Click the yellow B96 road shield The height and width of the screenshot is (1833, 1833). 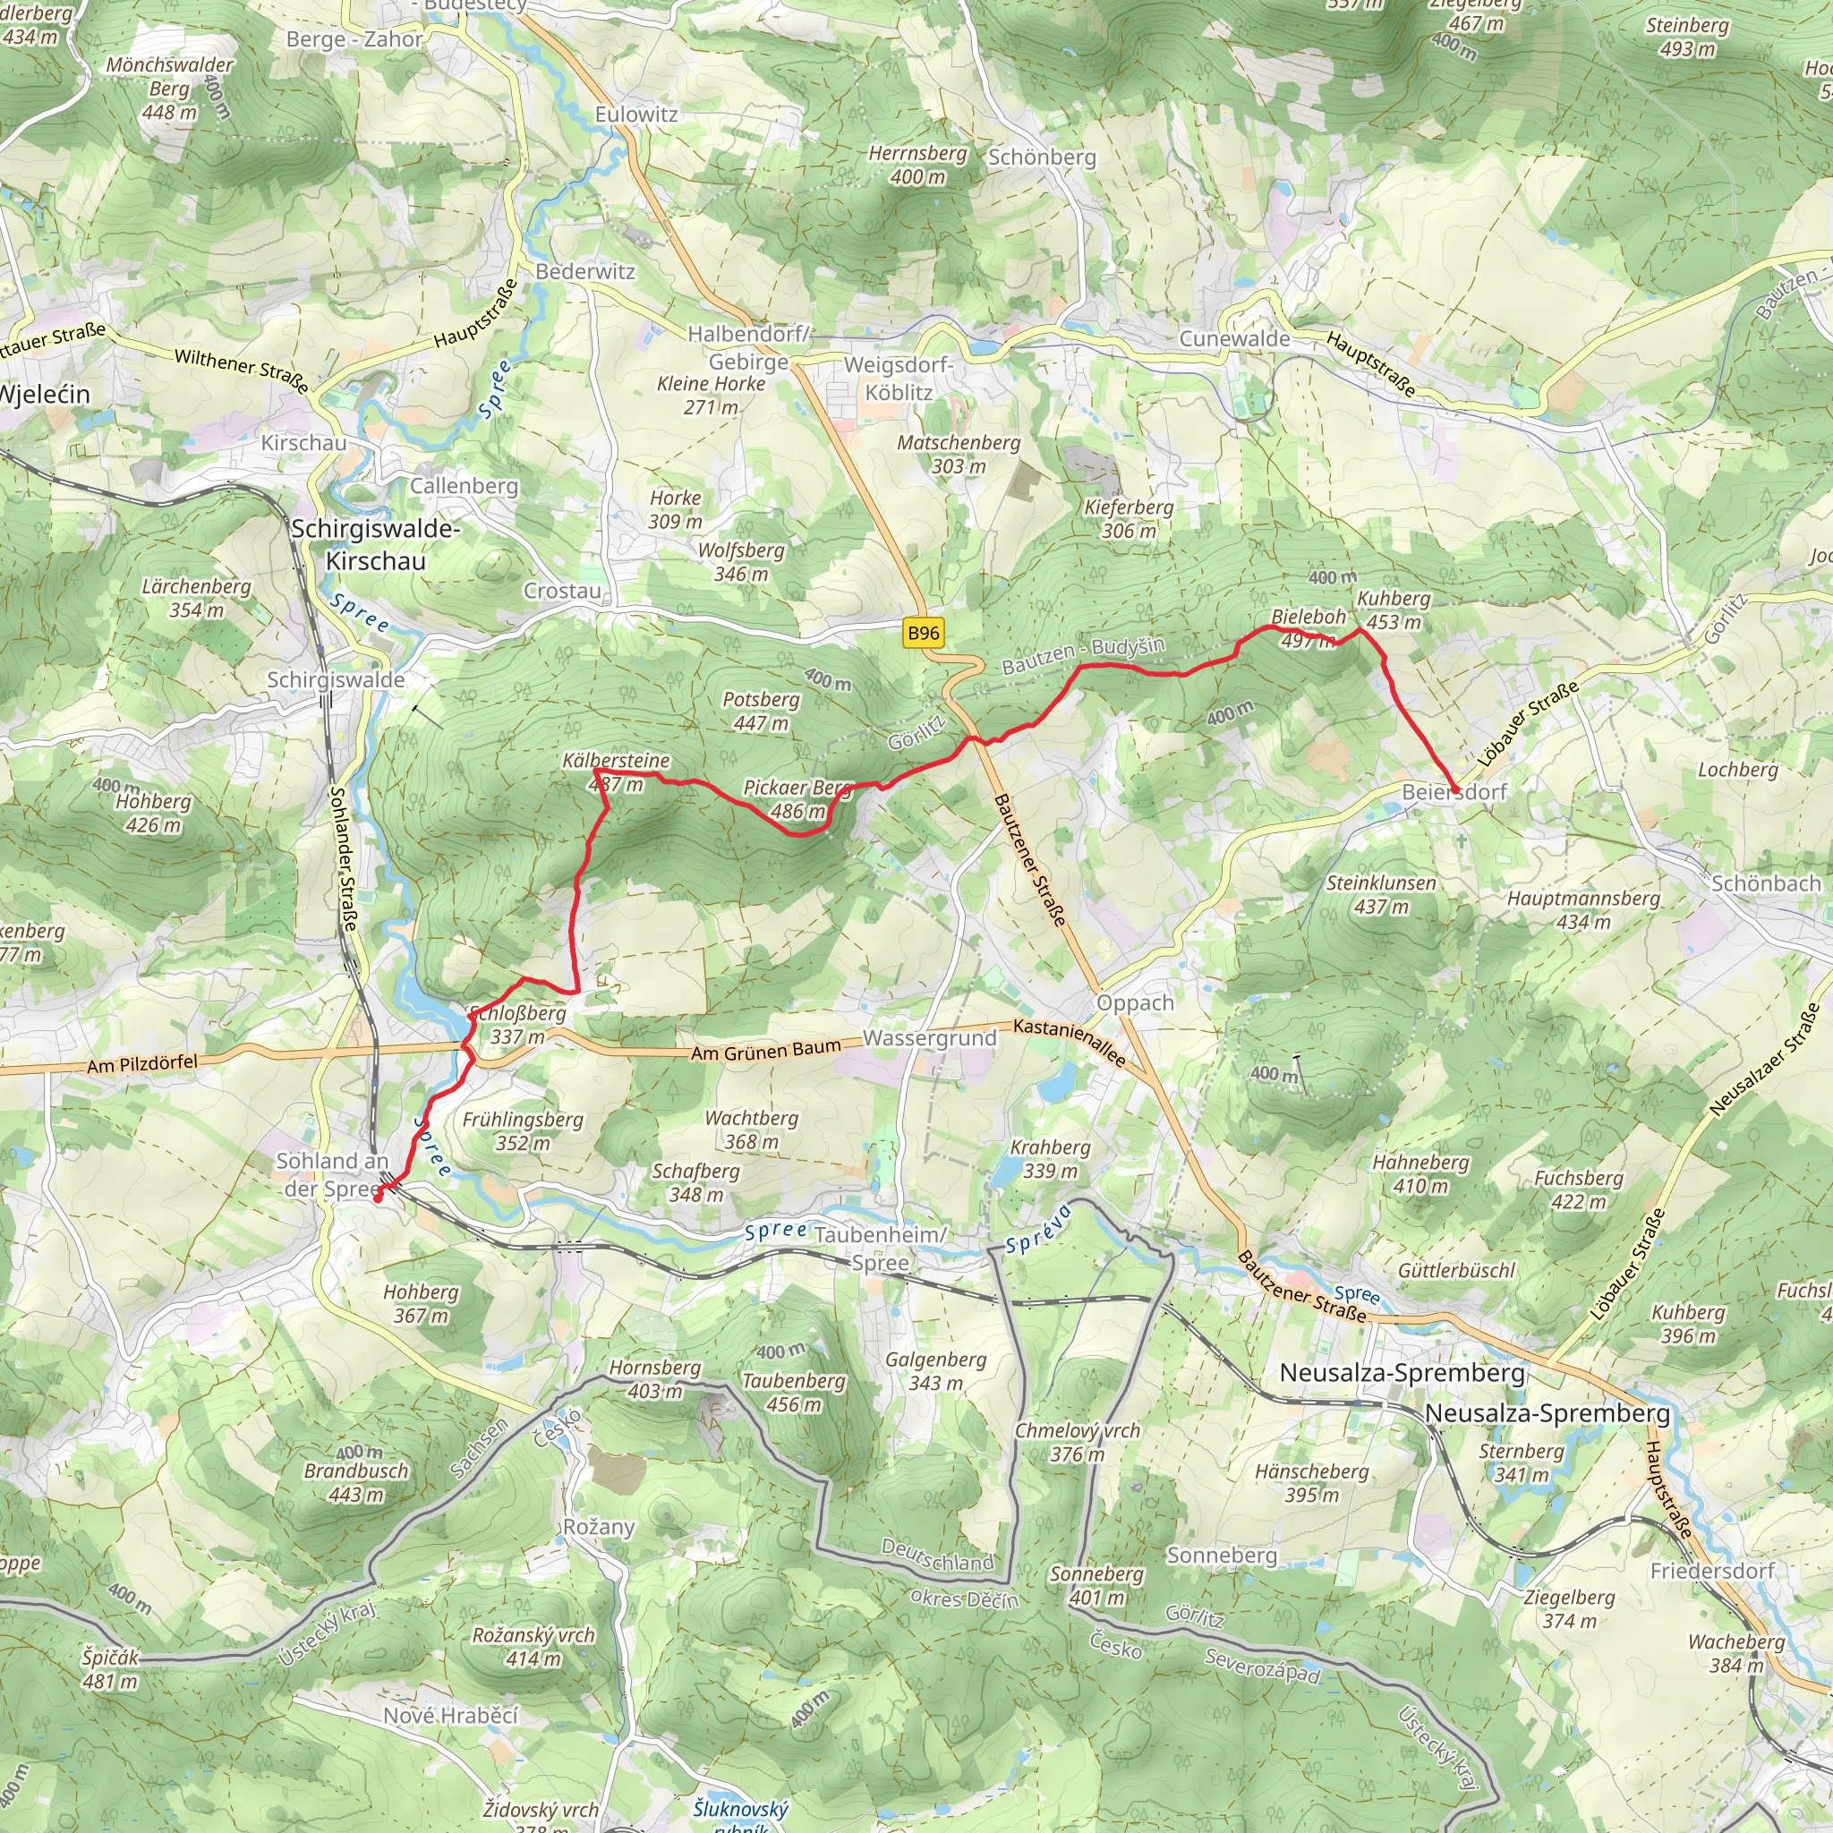[923, 634]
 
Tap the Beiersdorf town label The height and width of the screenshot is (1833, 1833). [1454, 791]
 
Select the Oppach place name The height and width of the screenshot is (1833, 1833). [1135, 1002]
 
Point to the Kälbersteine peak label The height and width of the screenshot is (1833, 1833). [616, 772]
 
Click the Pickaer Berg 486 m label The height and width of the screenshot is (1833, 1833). [795, 799]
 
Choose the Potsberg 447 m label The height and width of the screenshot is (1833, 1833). [761, 711]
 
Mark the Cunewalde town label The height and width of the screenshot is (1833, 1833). [1234, 338]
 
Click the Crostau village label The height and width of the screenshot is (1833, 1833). [563, 591]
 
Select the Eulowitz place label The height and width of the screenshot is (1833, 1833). [635, 115]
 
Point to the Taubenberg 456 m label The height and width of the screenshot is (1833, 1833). [793, 1392]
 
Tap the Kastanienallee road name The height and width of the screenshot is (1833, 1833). [1070, 1042]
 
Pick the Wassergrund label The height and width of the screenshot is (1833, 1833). [929, 1038]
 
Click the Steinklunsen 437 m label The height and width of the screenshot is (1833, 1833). [1380, 894]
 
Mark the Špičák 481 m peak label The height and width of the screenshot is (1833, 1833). [110, 1669]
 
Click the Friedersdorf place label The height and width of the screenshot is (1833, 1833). [1711, 1571]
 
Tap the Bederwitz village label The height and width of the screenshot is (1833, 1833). [584, 271]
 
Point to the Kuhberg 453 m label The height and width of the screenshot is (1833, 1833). [1393, 610]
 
